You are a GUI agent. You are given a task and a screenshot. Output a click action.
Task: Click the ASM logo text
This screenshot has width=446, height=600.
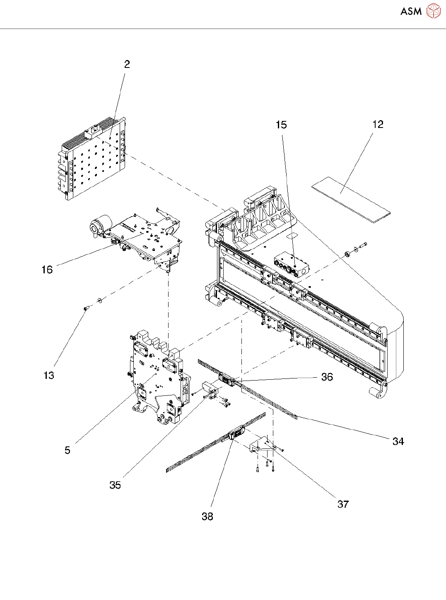411,12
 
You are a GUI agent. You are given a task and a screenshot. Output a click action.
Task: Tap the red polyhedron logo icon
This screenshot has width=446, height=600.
434,11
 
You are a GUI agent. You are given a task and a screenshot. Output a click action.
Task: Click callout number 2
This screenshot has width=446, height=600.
127,64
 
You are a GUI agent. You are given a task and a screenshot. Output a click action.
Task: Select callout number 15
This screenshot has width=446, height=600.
281,125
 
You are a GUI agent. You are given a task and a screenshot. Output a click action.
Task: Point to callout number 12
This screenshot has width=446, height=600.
378,125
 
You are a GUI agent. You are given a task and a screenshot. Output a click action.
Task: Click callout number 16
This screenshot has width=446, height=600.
47,270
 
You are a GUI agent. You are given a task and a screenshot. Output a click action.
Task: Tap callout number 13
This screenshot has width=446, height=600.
49,376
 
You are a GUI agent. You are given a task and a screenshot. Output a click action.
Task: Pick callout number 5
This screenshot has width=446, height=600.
68,450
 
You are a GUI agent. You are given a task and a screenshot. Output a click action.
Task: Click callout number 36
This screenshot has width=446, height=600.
327,377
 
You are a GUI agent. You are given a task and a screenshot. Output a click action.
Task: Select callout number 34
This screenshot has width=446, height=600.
398,441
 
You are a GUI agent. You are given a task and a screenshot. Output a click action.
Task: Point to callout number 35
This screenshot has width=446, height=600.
115,485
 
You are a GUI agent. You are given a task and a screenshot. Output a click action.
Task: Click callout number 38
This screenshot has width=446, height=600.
207,517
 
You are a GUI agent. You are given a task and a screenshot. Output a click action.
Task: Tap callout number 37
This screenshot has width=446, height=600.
343,504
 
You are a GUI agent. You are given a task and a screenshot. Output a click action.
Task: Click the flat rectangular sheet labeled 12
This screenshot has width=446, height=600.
351,200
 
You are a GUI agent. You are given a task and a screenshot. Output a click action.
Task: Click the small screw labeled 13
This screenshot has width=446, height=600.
86,308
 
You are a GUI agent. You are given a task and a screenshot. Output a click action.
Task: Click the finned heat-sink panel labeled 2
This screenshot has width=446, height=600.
92,159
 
